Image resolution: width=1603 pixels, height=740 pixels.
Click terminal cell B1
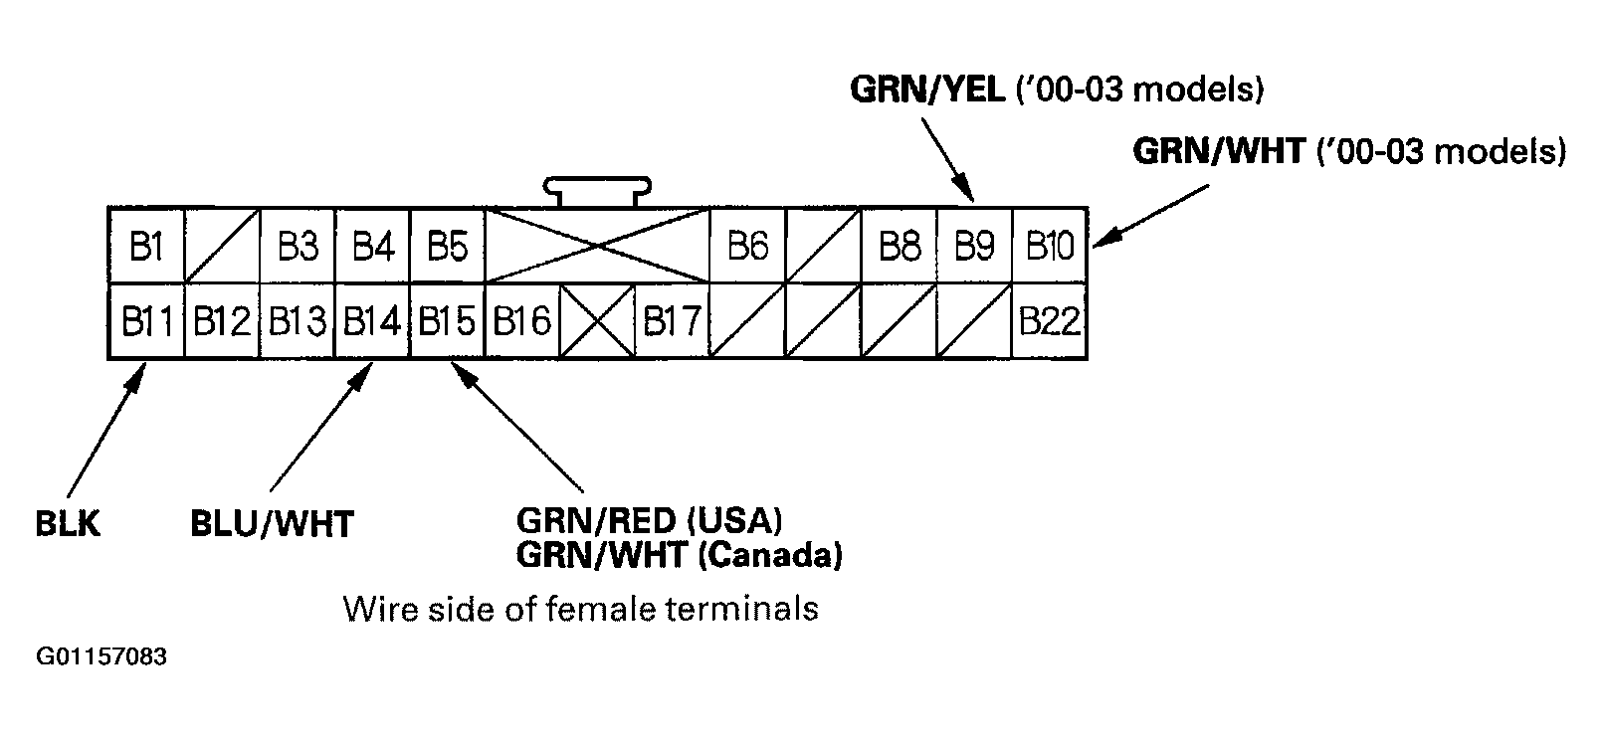coord(146,246)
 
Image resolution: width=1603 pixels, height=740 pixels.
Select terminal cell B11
coord(146,321)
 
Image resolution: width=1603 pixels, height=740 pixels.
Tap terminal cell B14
coord(372,321)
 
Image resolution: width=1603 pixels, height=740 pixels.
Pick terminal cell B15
coord(447,321)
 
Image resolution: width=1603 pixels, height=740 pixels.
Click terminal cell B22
coord(1050,321)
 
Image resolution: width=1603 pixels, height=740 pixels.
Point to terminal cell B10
coord(1050,246)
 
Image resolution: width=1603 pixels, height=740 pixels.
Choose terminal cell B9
coord(974,246)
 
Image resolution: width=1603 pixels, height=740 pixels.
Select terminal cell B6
coord(748,246)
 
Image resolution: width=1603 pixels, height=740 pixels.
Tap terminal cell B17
coord(673,321)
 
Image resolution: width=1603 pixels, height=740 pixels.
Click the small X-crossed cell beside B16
coord(597,321)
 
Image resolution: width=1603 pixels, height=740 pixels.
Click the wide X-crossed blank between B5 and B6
coord(597,246)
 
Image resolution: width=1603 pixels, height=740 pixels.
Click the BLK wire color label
coord(68,524)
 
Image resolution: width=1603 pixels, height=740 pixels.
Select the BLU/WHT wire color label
coord(272,524)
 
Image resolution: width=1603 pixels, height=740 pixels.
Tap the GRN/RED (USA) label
coord(649,520)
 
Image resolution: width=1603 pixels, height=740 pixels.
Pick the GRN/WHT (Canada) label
coord(679,554)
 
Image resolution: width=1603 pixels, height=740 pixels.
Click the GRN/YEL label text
coord(926,90)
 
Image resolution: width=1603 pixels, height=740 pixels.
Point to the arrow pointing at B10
coord(1149,218)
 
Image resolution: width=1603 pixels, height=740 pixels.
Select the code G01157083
coord(101,658)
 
